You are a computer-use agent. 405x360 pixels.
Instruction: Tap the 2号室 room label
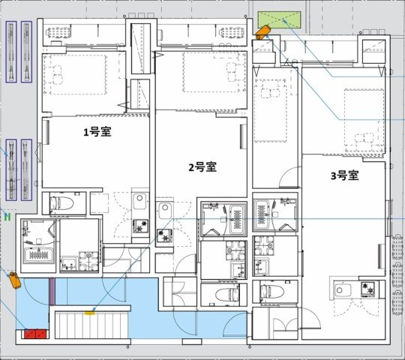coord(202,167)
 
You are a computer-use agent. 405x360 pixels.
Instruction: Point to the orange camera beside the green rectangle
coord(261,32)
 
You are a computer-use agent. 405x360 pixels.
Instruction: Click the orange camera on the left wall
coord(13,278)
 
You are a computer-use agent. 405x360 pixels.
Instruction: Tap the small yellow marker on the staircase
coord(90,313)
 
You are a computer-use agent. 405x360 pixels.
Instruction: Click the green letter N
coord(7,217)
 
